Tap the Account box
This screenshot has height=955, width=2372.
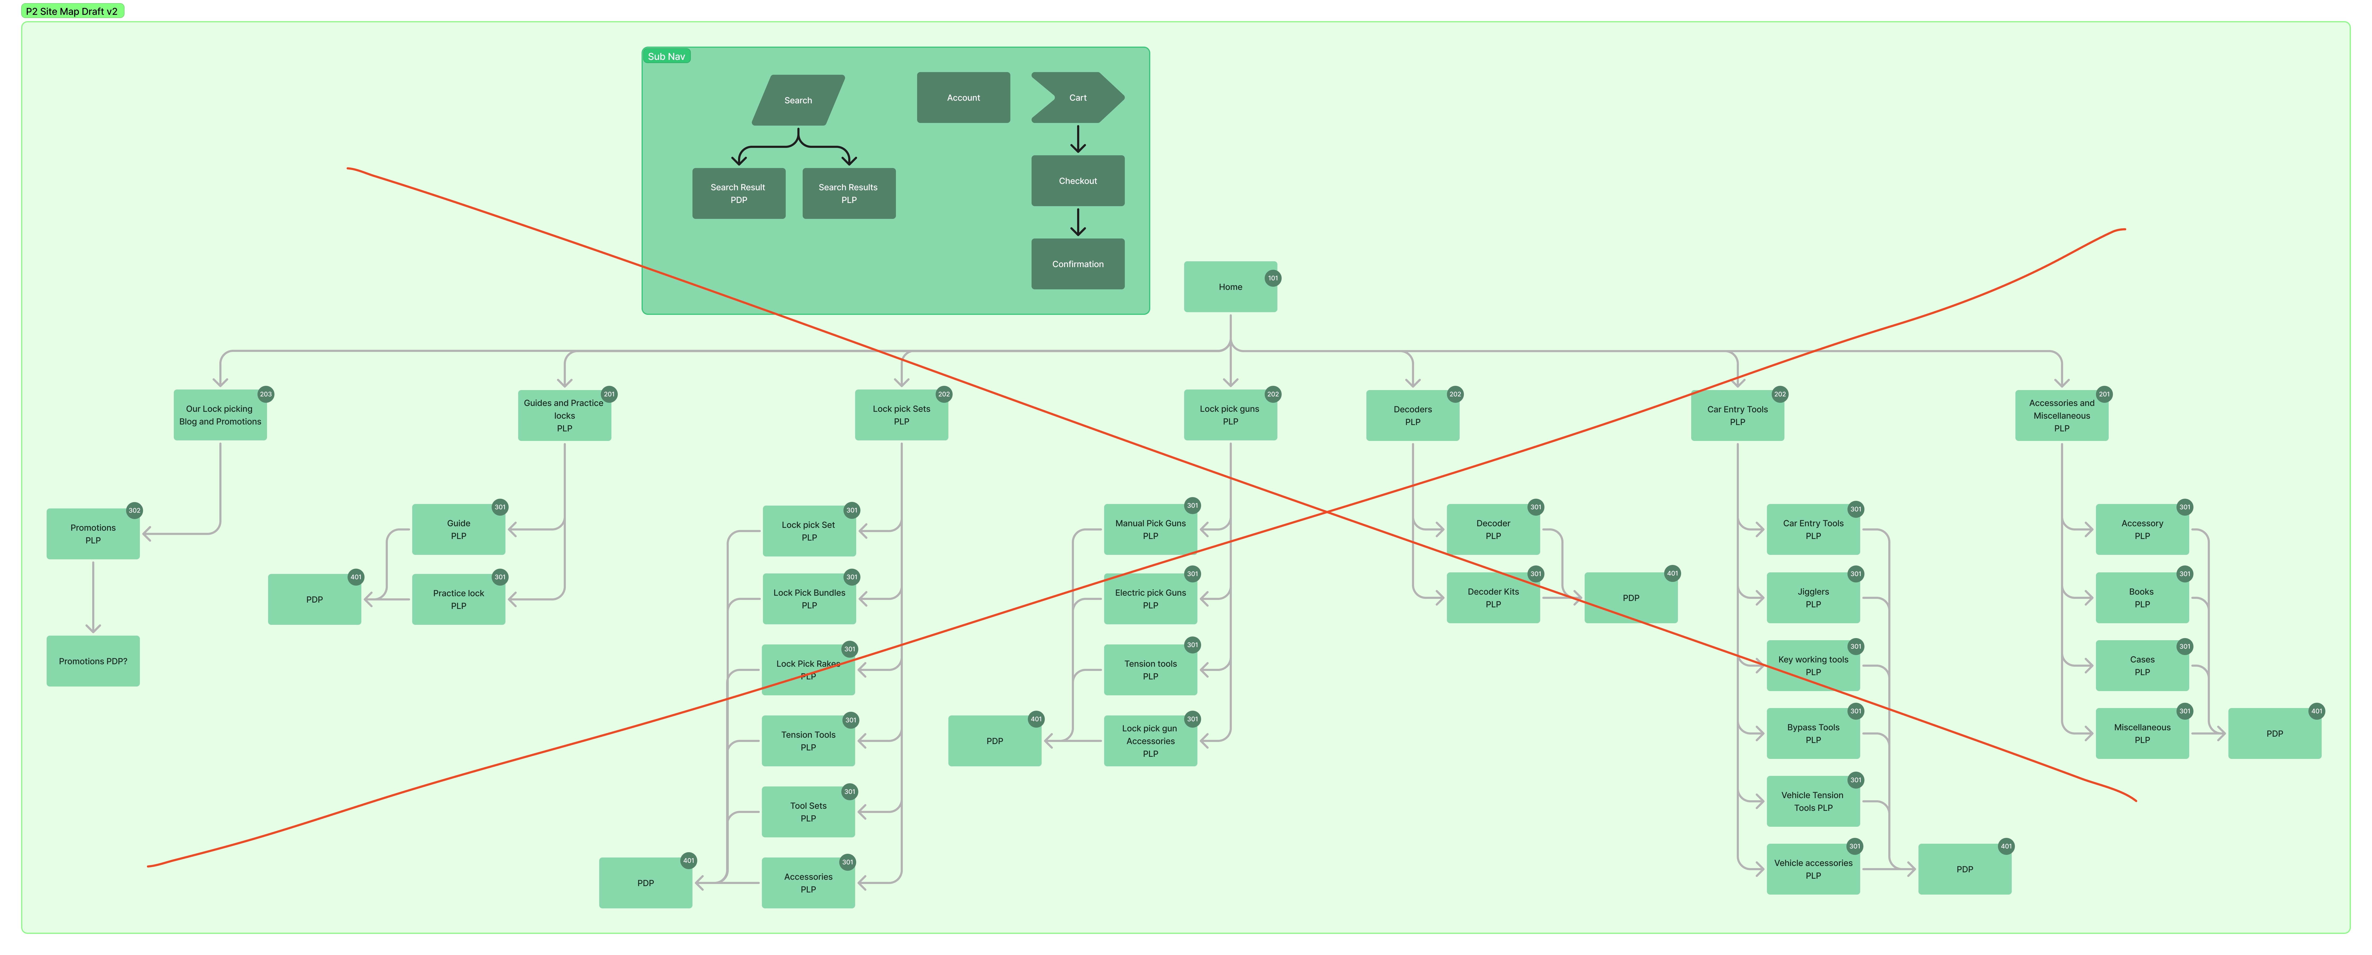point(963,98)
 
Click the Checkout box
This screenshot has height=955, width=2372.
point(1077,180)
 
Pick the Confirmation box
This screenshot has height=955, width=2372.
point(1077,264)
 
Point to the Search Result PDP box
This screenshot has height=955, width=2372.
point(739,193)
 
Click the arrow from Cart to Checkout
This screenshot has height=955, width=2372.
point(1077,139)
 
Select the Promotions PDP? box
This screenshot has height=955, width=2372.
point(93,661)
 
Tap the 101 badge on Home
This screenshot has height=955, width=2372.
point(1273,278)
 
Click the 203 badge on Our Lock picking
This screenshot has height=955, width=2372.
point(265,394)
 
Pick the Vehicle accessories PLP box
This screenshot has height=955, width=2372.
point(1812,869)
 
